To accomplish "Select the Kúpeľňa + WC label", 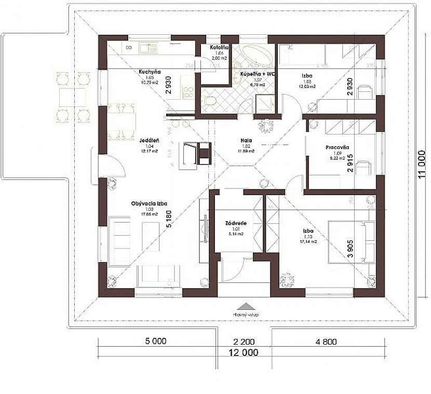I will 257,74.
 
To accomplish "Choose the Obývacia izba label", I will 149,203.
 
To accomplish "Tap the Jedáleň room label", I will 149,140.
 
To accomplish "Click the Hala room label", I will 246,140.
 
